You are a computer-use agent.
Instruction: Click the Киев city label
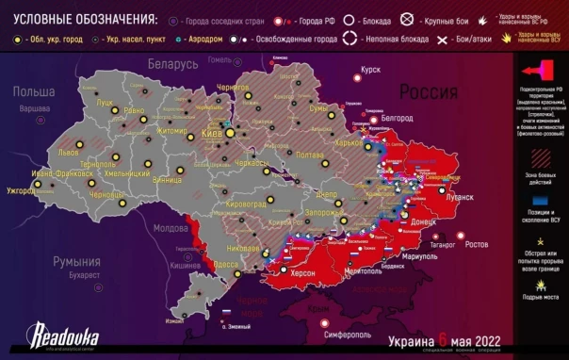[x=213, y=135]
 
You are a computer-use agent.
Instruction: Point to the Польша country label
[x=33, y=90]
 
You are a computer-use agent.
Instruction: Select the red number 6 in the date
[x=441, y=337]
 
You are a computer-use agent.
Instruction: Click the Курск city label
[x=370, y=70]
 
